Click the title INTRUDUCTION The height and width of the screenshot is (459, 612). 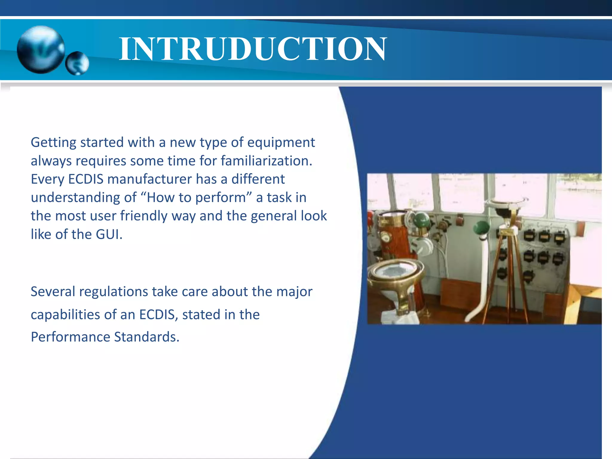pyautogui.click(x=253, y=49)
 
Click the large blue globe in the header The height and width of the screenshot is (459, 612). pyautogui.click(x=41, y=50)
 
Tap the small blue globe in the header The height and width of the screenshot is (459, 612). pyautogui.click(x=77, y=63)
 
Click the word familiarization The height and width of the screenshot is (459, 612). pyautogui.click(x=266, y=161)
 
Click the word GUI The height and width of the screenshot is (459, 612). pyautogui.click(x=108, y=234)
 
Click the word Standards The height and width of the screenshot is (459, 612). pyautogui.click(x=146, y=337)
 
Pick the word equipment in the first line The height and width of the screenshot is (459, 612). pyautogui.click(x=281, y=143)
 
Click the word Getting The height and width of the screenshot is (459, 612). pyautogui.click(x=53, y=143)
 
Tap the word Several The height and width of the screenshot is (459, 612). pyautogui.click(x=53, y=292)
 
